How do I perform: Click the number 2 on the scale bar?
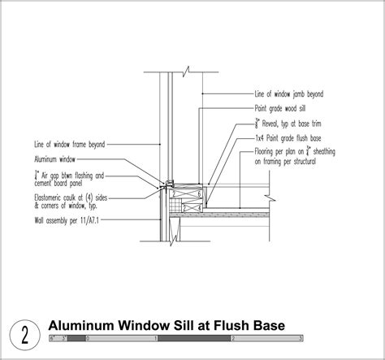232,336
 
